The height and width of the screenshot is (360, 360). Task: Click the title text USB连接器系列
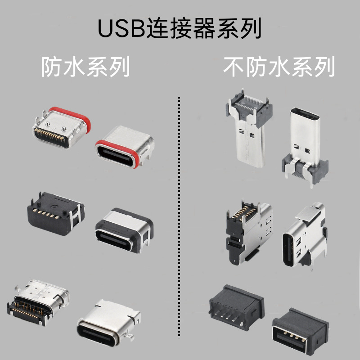pos(180,28)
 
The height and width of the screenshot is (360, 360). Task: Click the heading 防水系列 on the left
pos(86,67)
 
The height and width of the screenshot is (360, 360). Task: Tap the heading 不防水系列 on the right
pos(279,67)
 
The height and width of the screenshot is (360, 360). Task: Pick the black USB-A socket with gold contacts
pos(299,331)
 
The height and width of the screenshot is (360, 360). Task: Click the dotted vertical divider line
pos(179,216)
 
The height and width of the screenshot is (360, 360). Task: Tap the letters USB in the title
pos(119,28)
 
